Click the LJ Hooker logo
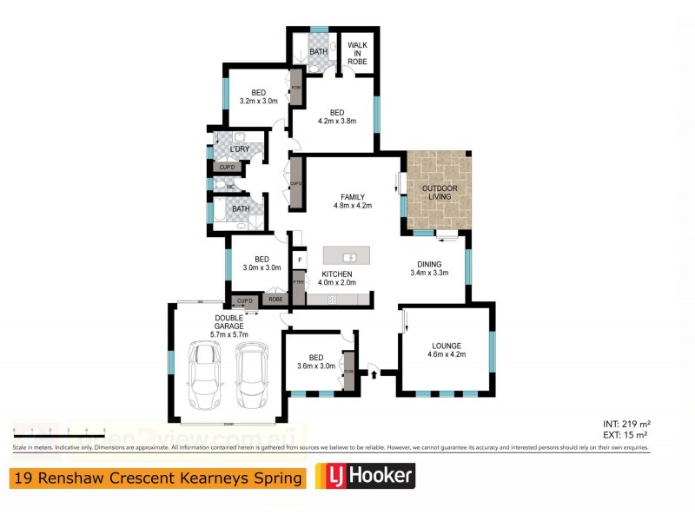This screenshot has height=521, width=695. coord(364,476)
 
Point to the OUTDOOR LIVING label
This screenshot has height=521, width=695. coord(440,193)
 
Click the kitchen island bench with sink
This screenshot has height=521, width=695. coord(346,256)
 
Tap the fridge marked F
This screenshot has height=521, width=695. coord(299,259)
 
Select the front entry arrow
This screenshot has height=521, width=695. coord(374,374)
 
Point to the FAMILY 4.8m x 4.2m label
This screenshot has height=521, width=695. coord(352,201)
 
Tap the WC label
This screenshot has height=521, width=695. coord(231,187)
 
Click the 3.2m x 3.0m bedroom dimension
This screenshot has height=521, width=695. coord(258,102)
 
